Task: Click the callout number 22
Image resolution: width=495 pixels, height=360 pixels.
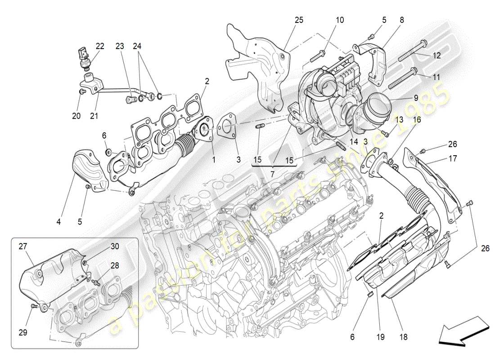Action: pos(99,46)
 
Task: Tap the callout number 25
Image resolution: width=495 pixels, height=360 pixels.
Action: pos(299,20)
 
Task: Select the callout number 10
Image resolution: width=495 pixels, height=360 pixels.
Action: pos(339,20)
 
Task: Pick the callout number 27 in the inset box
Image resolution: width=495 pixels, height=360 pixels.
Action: pos(23,246)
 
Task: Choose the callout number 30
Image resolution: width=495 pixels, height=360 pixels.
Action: pos(115,246)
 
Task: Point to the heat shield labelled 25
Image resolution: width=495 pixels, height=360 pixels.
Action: pos(259,67)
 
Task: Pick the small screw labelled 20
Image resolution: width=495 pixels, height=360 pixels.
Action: pos(81,92)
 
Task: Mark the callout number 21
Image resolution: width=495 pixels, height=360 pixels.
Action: pos(94,116)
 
